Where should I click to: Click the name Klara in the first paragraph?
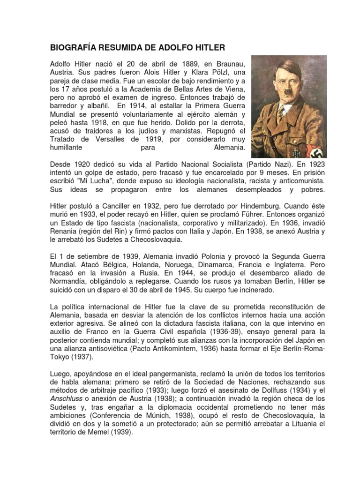[196, 73]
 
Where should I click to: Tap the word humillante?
[66, 147]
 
